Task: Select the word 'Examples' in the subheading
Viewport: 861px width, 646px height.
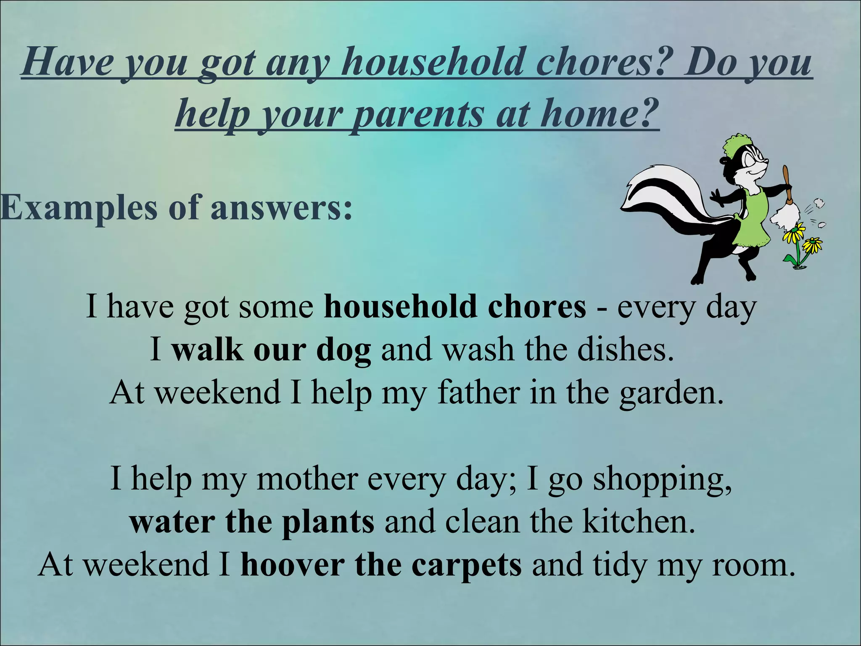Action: (x=78, y=208)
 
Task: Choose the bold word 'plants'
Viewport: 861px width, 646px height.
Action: (x=328, y=522)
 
